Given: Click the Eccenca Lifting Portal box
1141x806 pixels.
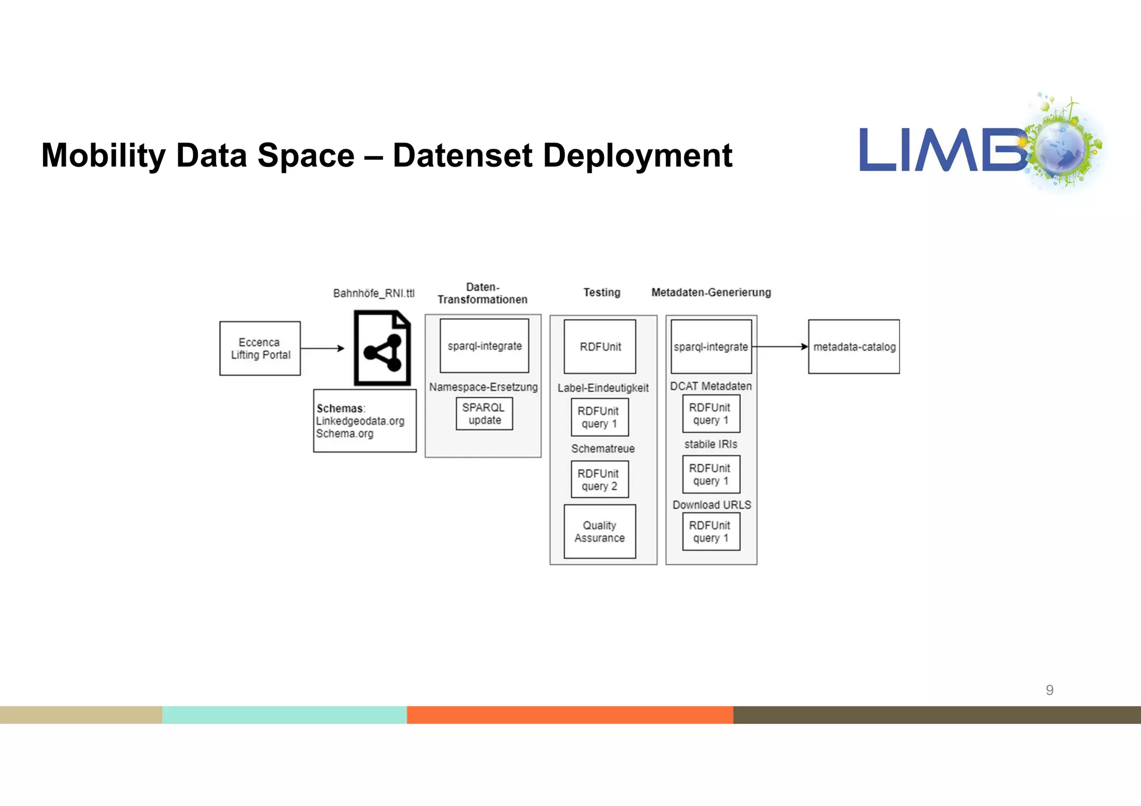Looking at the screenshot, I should coord(260,348).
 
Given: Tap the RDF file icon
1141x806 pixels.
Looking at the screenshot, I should coord(382,348).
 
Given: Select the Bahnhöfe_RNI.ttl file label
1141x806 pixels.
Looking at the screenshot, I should coord(374,293).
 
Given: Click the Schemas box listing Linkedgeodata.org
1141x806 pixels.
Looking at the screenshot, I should coord(364,421).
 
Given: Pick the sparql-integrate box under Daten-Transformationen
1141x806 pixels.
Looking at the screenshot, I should coord(484,346).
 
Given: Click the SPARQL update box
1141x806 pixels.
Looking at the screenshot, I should coord(484,414).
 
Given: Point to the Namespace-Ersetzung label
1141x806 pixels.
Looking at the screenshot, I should coord(483,387).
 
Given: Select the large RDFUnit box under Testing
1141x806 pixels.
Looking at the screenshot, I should coord(599,346).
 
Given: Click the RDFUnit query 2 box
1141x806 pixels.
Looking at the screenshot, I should coord(599,480).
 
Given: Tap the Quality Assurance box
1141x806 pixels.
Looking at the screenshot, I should coord(599,531).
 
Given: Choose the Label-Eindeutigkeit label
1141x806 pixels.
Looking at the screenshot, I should coord(603,388).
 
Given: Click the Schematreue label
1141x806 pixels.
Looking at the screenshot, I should coord(603,448).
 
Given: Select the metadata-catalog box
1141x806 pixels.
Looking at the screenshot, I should coord(854,346).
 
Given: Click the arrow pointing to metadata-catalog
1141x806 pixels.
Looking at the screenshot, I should coord(780,346).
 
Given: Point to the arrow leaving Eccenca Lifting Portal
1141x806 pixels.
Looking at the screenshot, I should coord(322,348).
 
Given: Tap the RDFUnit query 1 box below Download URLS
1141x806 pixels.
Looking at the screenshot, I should coord(711,531).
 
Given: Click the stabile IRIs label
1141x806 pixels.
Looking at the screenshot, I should coord(710,444).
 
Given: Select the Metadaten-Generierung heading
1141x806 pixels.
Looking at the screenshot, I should coord(711,292).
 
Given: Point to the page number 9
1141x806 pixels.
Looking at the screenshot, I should coord(1050,690).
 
